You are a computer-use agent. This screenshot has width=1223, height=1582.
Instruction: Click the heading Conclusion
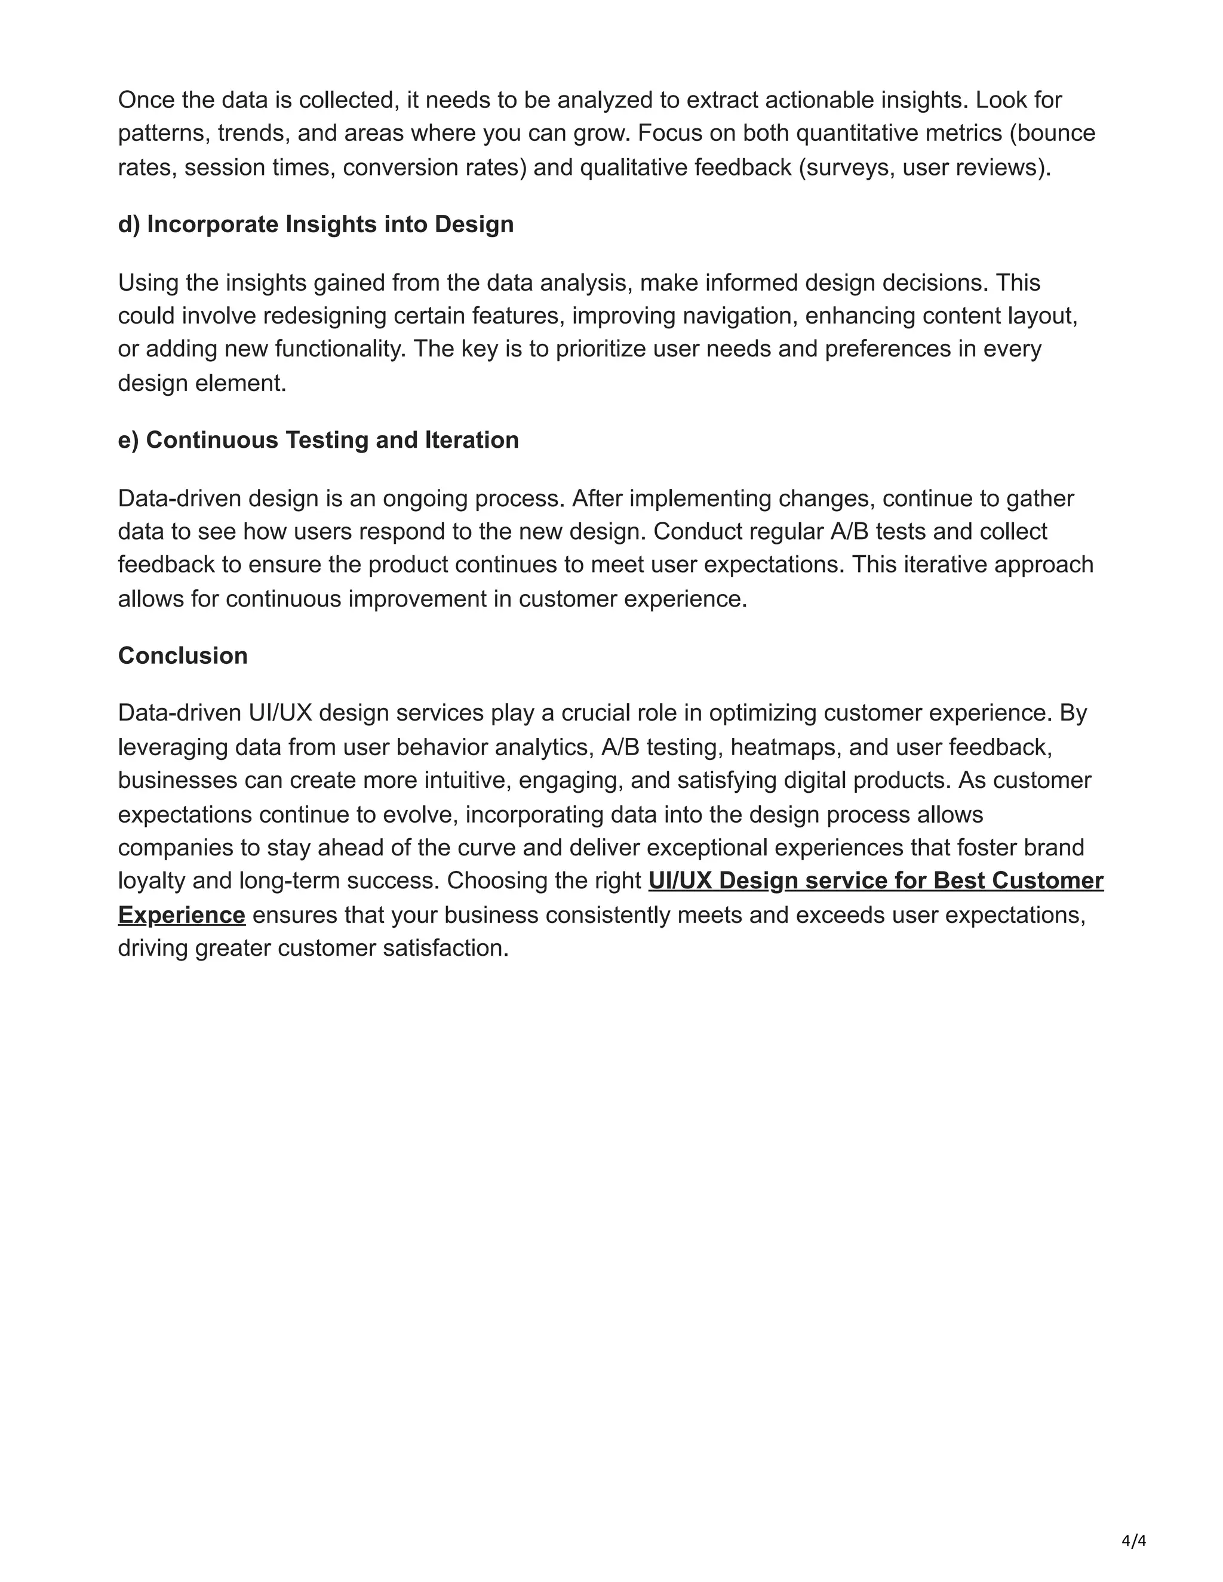[183, 655]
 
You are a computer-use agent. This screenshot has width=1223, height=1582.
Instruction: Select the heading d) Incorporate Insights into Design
[316, 224]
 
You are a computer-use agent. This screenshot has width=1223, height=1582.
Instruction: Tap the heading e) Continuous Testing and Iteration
[318, 441]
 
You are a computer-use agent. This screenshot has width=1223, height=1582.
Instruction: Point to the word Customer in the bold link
[1047, 881]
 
